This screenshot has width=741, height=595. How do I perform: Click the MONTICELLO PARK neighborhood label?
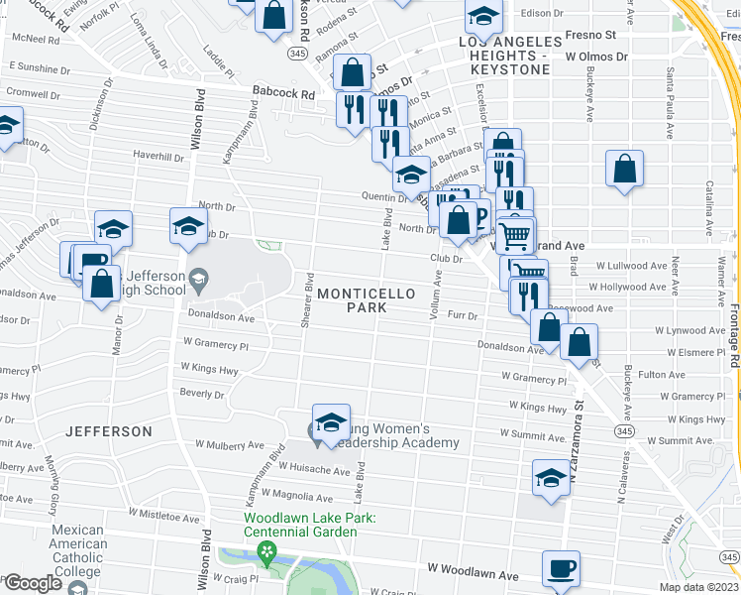click(352, 300)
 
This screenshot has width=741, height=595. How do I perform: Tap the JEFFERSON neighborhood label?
click(109, 431)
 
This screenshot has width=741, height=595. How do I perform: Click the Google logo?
click(33, 583)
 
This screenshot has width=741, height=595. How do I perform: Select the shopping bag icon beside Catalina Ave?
click(624, 170)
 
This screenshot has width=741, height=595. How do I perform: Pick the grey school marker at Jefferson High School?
click(199, 277)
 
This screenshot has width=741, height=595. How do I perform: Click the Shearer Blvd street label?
click(308, 297)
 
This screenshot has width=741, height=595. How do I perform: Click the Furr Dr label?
click(462, 316)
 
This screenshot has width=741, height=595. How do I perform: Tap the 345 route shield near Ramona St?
click(297, 52)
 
